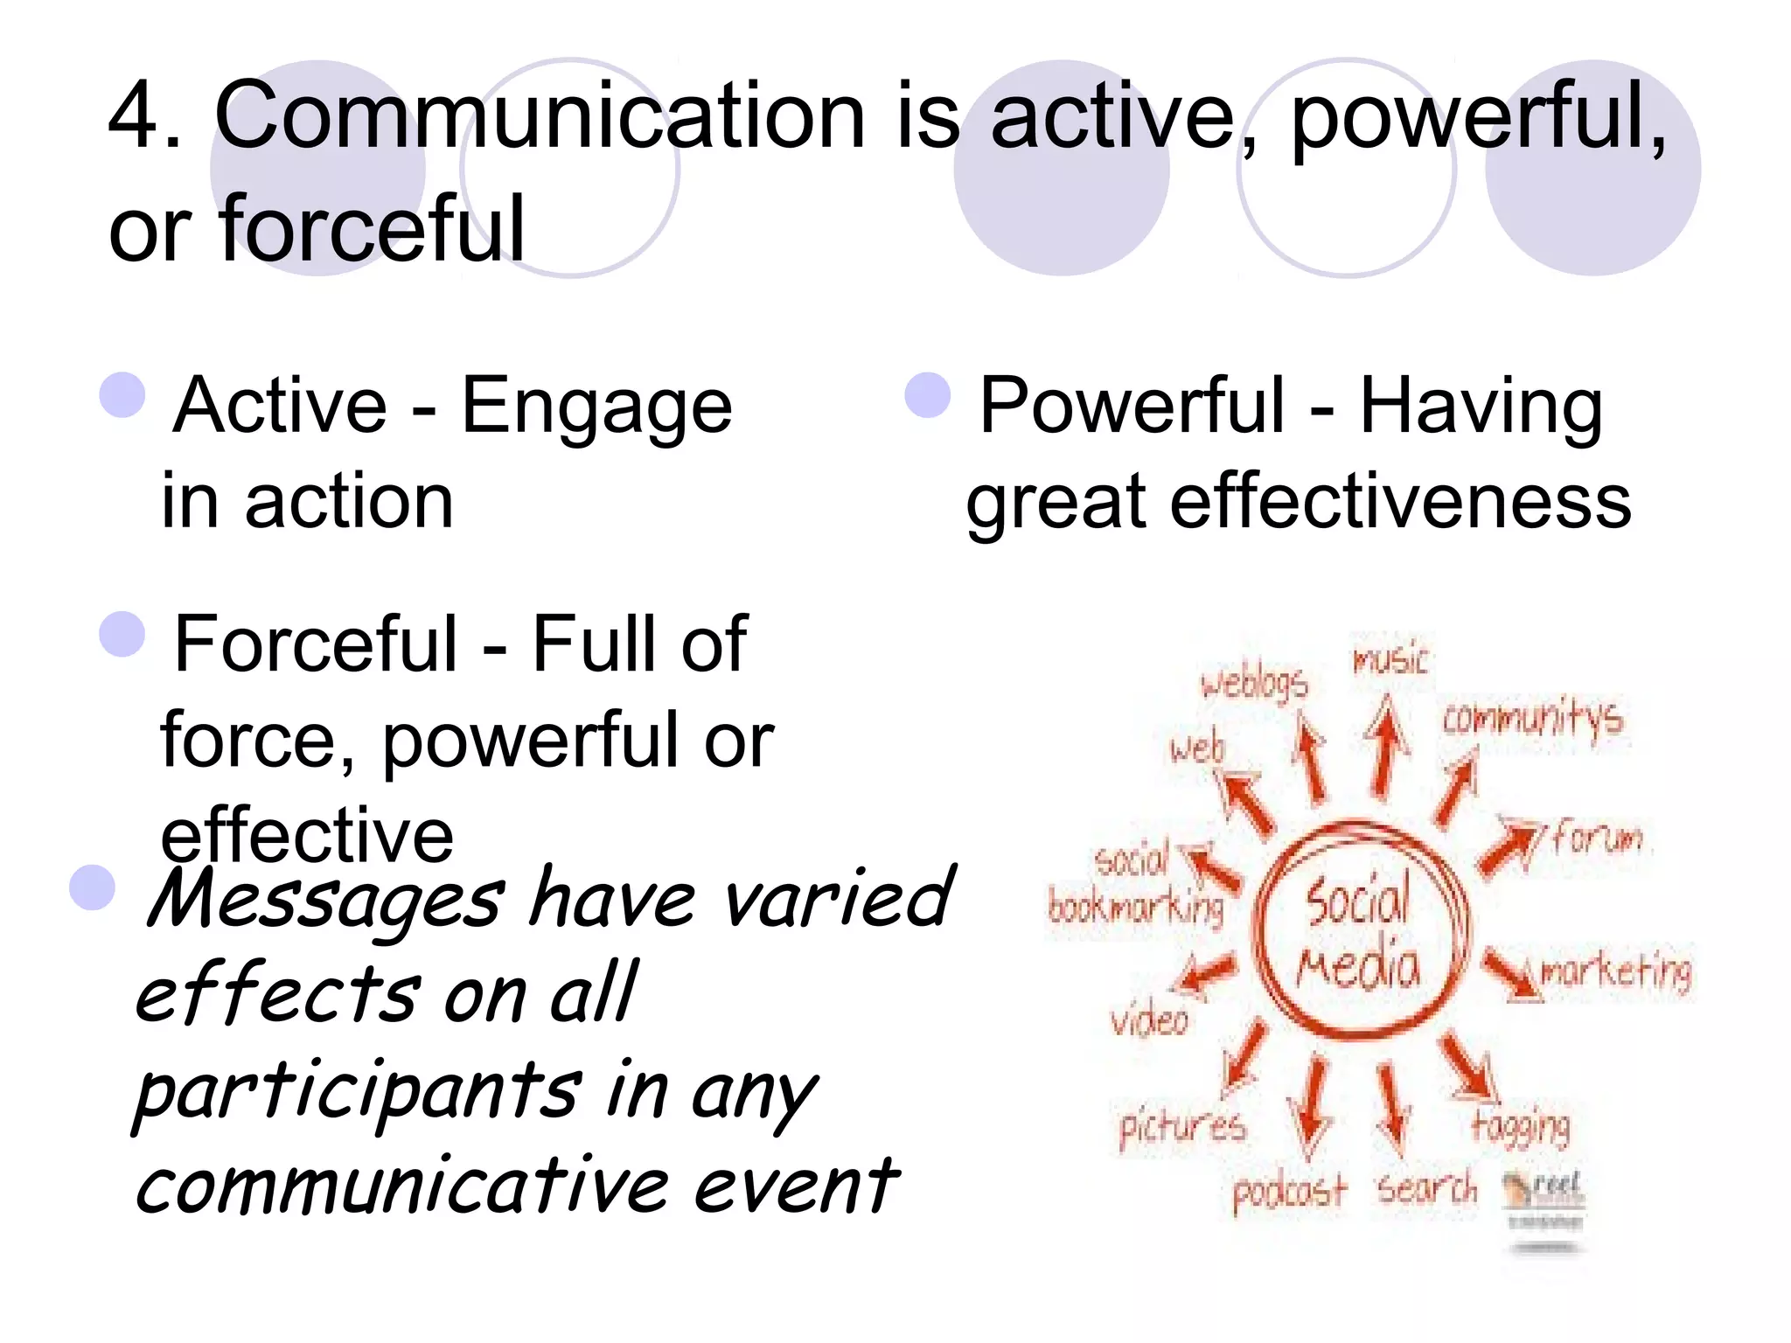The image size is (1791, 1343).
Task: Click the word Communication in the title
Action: click(540, 118)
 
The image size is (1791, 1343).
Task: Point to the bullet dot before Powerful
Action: click(927, 395)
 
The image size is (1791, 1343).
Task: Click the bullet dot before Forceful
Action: click(122, 634)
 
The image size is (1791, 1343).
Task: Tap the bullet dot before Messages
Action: click(93, 887)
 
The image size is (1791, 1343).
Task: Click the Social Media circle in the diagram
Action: click(1361, 932)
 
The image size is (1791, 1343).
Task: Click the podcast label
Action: click(1289, 1192)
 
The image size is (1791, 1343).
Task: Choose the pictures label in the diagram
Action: click(1182, 1128)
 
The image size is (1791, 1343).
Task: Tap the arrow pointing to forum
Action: click(1509, 845)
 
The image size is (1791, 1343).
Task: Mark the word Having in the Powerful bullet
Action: click(1481, 407)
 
